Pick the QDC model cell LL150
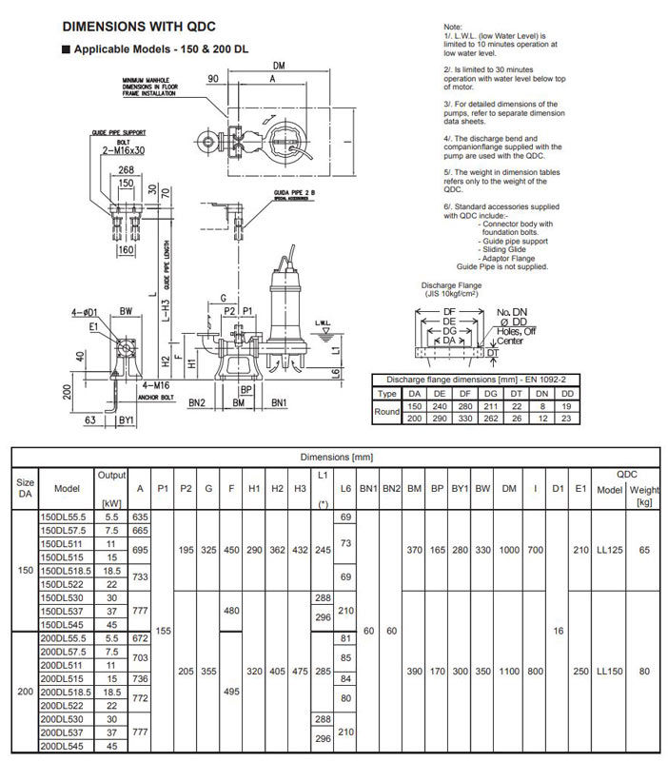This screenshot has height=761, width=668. coord(608,671)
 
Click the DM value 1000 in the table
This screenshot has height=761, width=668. coord(509,550)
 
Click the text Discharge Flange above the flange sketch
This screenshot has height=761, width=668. coord(453,284)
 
